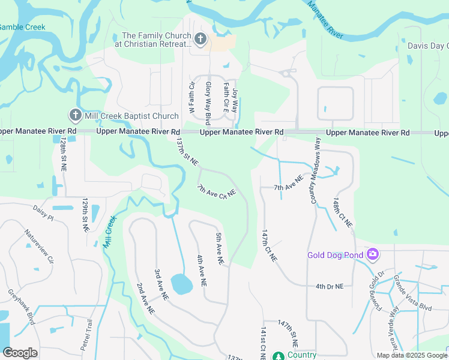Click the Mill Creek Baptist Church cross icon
tap(75, 115)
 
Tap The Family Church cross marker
tap(201, 40)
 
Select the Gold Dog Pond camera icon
tap(373, 254)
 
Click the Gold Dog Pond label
tap(335, 255)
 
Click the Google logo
tap(20, 353)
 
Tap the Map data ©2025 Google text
tap(411, 355)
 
